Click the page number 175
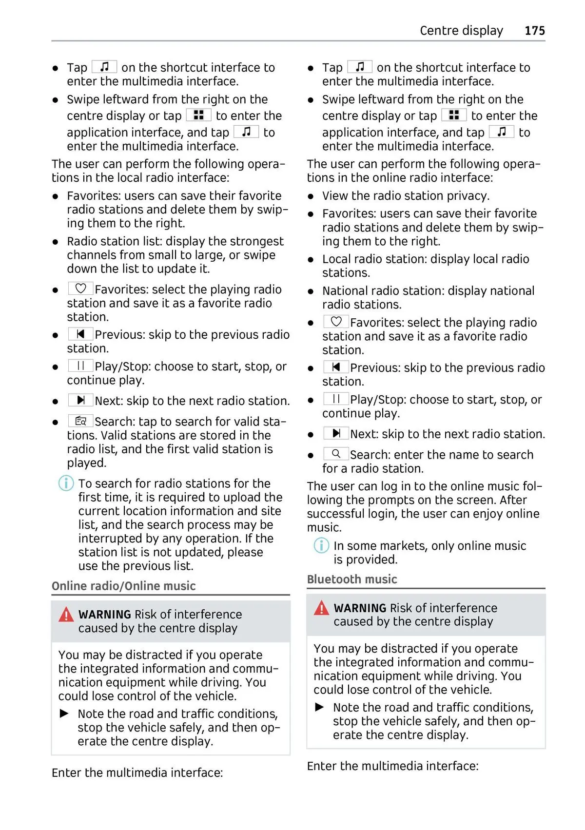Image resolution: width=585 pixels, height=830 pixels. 534,31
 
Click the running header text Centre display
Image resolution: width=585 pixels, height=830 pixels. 461,31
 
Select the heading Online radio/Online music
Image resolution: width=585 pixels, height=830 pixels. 123,586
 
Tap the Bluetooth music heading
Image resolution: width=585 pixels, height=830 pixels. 351,579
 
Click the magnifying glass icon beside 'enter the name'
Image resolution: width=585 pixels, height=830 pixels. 336,454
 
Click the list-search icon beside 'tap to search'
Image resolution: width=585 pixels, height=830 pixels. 80,421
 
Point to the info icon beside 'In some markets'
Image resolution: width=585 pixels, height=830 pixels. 321,545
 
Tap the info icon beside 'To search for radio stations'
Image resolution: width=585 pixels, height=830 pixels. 66,483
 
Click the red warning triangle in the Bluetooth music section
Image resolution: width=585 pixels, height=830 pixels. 321,608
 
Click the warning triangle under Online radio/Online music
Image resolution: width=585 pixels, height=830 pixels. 66,615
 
